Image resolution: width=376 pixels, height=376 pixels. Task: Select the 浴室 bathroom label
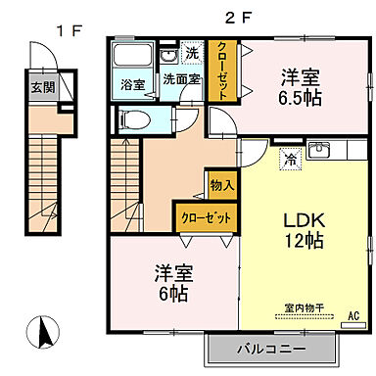coord(133,84)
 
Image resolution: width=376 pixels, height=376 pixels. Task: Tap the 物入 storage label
coord(222,184)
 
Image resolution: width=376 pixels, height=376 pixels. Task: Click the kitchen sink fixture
coord(319,150)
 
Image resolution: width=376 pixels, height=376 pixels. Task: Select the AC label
coord(353,316)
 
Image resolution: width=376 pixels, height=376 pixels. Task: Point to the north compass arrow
coord(43,332)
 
